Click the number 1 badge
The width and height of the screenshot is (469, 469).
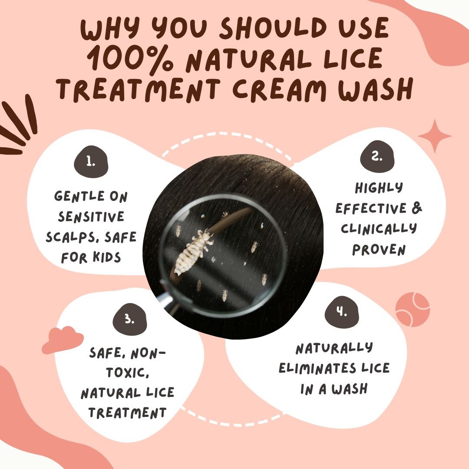[x=91, y=162]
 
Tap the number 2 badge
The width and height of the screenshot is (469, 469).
[x=377, y=156]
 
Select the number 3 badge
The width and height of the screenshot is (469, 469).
[x=130, y=319]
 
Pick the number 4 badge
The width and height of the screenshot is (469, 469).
[x=342, y=312]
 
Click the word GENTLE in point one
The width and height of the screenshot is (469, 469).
[x=79, y=196]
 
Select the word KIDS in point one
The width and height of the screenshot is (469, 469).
[x=106, y=257]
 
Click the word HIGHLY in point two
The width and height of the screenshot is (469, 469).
[x=379, y=188]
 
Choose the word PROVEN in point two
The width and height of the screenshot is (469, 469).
[x=379, y=250]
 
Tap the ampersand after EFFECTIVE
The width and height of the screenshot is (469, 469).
[x=416, y=208]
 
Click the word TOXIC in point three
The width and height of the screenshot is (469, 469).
[x=127, y=373]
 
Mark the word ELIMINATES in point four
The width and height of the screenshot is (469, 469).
[x=317, y=368]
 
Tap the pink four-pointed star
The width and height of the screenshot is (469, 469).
[x=435, y=136]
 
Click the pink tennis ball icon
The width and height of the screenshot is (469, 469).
[x=413, y=309]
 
